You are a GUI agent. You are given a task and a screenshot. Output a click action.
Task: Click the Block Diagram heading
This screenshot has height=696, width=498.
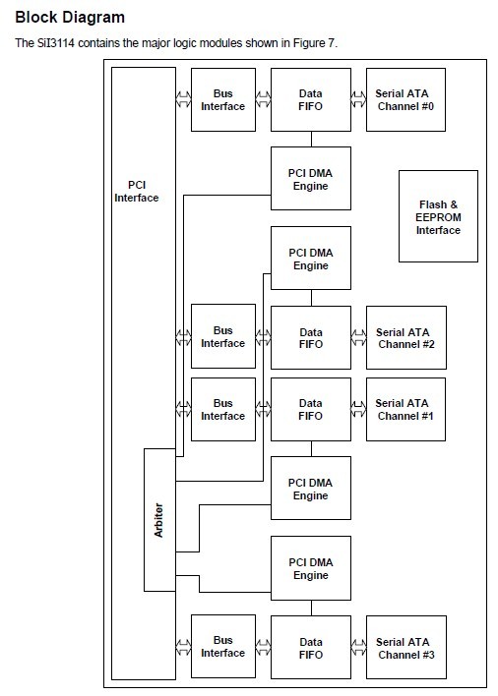[x=70, y=18]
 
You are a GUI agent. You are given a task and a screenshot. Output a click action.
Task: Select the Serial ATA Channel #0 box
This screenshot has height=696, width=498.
[x=406, y=100]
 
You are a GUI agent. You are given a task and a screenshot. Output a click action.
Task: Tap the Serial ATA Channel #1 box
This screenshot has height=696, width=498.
[x=406, y=409]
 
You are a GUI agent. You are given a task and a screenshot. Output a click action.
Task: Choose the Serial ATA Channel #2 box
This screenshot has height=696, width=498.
[x=406, y=338]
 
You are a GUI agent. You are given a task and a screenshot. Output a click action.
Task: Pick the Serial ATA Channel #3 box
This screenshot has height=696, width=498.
[x=406, y=647]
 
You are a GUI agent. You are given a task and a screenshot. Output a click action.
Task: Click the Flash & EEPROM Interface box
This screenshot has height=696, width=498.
[x=439, y=216]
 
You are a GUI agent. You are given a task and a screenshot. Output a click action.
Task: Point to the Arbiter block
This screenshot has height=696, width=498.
[x=159, y=520]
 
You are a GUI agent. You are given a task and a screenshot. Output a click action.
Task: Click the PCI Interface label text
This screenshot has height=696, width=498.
[x=137, y=192]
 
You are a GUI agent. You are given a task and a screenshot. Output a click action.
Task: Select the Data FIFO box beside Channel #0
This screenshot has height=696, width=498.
[x=311, y=100]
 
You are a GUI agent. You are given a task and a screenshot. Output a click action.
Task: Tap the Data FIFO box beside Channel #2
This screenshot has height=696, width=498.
[x=311, y=338]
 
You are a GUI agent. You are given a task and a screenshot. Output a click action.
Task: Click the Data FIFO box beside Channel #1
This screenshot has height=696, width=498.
[x=311, y=409]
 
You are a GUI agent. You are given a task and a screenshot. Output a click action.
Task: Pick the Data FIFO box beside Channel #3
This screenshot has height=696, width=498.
[x=311, y=647]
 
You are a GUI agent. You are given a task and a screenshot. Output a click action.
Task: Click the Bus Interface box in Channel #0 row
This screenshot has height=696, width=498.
[x=223, y=100]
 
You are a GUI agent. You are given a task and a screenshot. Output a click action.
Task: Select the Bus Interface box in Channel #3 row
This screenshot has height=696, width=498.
[x=223, y=647]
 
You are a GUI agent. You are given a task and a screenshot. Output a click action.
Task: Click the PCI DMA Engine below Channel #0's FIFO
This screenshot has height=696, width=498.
[x=311, y=179]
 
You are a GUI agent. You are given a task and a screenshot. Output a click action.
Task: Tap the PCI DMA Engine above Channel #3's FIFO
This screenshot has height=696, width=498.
[x=311, y=568]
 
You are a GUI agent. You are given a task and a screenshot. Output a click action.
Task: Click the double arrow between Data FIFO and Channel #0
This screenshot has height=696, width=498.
[x=358, y=99]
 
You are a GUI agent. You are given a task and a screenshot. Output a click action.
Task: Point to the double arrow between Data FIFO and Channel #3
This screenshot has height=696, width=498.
[x=358, y=647]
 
